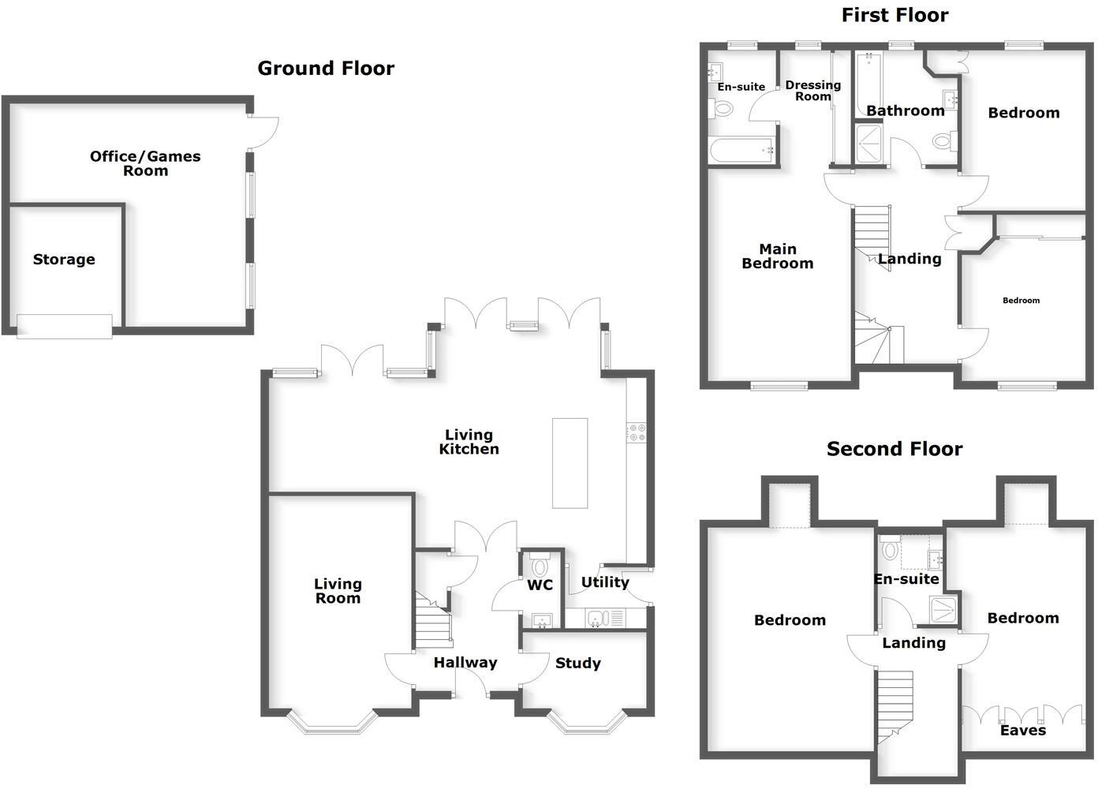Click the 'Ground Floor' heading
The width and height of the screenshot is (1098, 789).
(326, 69)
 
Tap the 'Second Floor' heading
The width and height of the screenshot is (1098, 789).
(894, 449)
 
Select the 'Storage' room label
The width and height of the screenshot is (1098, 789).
(64, 260)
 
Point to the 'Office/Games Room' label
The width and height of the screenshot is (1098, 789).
(145, 163)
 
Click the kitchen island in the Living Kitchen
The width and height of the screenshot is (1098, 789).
(570, 463)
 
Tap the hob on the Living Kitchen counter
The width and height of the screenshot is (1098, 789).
(636, 432)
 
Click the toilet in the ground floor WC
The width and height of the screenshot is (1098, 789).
(540, 567)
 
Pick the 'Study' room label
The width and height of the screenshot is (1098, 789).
(577, 664)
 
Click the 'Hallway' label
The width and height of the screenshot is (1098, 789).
(465, 663)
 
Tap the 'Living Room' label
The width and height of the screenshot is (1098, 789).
(338, 591)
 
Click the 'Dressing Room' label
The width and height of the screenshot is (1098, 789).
(813, 90)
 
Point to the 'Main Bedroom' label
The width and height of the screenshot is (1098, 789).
(778, 256)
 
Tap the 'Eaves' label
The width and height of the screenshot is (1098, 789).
(1023, 731)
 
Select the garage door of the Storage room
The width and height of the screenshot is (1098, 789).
(65, 326)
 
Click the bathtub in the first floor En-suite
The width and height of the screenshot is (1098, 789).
(740, 150)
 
